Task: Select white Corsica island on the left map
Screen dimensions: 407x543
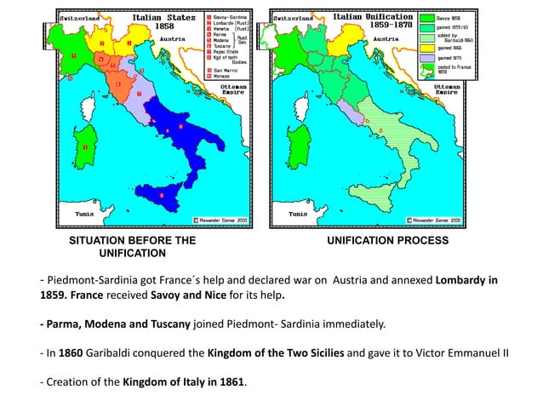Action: [x=85, y=106]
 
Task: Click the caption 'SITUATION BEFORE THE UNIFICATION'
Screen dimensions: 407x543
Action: [x=132, y=248]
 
